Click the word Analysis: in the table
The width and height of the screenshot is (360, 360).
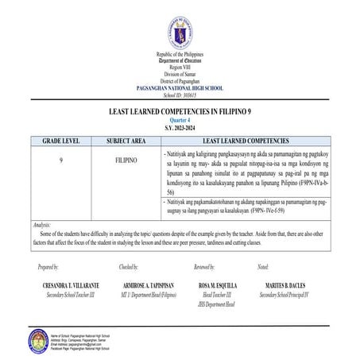(42, 226)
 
